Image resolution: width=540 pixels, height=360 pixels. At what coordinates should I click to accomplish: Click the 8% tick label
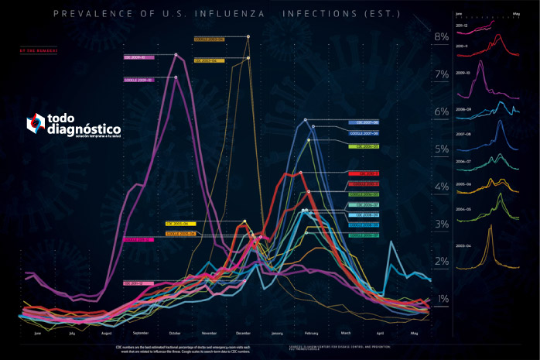442,36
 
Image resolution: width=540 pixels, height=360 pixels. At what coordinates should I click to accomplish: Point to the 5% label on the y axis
441,149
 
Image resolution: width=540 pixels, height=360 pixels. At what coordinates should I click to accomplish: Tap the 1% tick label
443,299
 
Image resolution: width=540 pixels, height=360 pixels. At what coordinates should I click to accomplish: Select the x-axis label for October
174,333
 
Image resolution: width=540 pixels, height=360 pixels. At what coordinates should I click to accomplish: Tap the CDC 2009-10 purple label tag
139,57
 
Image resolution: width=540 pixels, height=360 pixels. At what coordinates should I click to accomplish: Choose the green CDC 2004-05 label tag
363,145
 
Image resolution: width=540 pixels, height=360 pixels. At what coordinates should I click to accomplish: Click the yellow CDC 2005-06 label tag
180,224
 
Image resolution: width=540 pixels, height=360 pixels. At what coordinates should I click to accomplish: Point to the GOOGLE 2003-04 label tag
208,38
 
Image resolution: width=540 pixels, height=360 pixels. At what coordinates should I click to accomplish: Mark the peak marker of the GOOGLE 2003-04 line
248,36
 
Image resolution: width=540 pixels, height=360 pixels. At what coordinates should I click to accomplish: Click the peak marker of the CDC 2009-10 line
177,55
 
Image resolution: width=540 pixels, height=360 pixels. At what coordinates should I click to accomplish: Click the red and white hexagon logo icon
36,122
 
